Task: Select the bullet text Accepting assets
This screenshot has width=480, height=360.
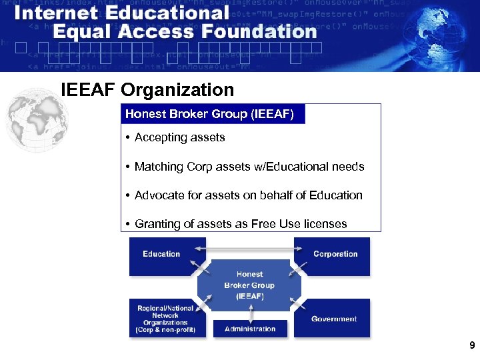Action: pyautogui.click(x=179, y=137)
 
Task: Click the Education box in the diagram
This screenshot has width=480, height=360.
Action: pyautogui.click(x=161, y=256)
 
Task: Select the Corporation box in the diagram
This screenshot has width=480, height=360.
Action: pyautogui.click(x=335, y=256)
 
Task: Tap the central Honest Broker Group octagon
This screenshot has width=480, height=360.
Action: pyautogui.click(x=249, y=285)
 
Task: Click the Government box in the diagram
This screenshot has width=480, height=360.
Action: pyautogui.click(x=333, y=319)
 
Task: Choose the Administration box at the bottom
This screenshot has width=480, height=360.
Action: pyautogui.click(x=250, y=329)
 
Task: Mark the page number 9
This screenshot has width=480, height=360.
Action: pyautogui.click(x=472, y=345)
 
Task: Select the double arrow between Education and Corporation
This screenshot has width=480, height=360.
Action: pyautogui.click(x=249, y=248)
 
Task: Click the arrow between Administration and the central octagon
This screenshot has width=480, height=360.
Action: pyautogui.click(x=249, y=313)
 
